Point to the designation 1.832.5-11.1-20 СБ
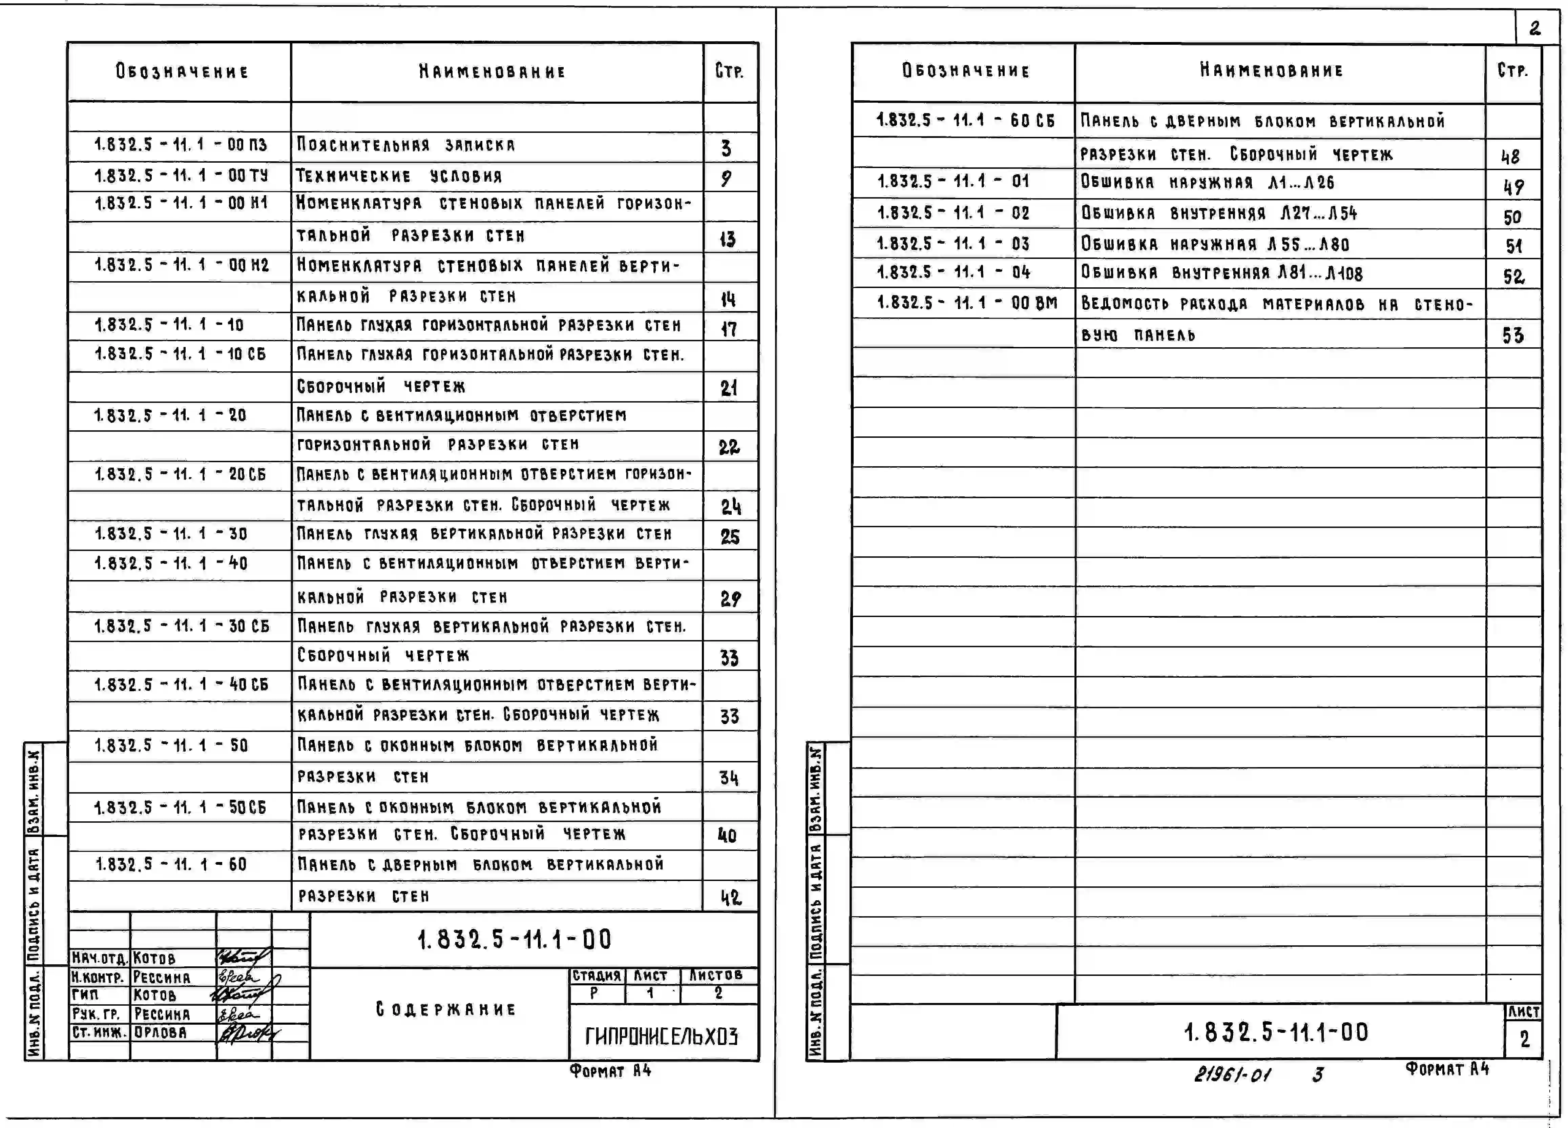180,474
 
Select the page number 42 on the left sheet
730,898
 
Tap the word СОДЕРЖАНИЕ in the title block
446,1009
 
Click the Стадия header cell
596,975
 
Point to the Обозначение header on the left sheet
182,71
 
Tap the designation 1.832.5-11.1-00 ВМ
966,303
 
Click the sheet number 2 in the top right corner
1535,28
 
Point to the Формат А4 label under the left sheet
610,1071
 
